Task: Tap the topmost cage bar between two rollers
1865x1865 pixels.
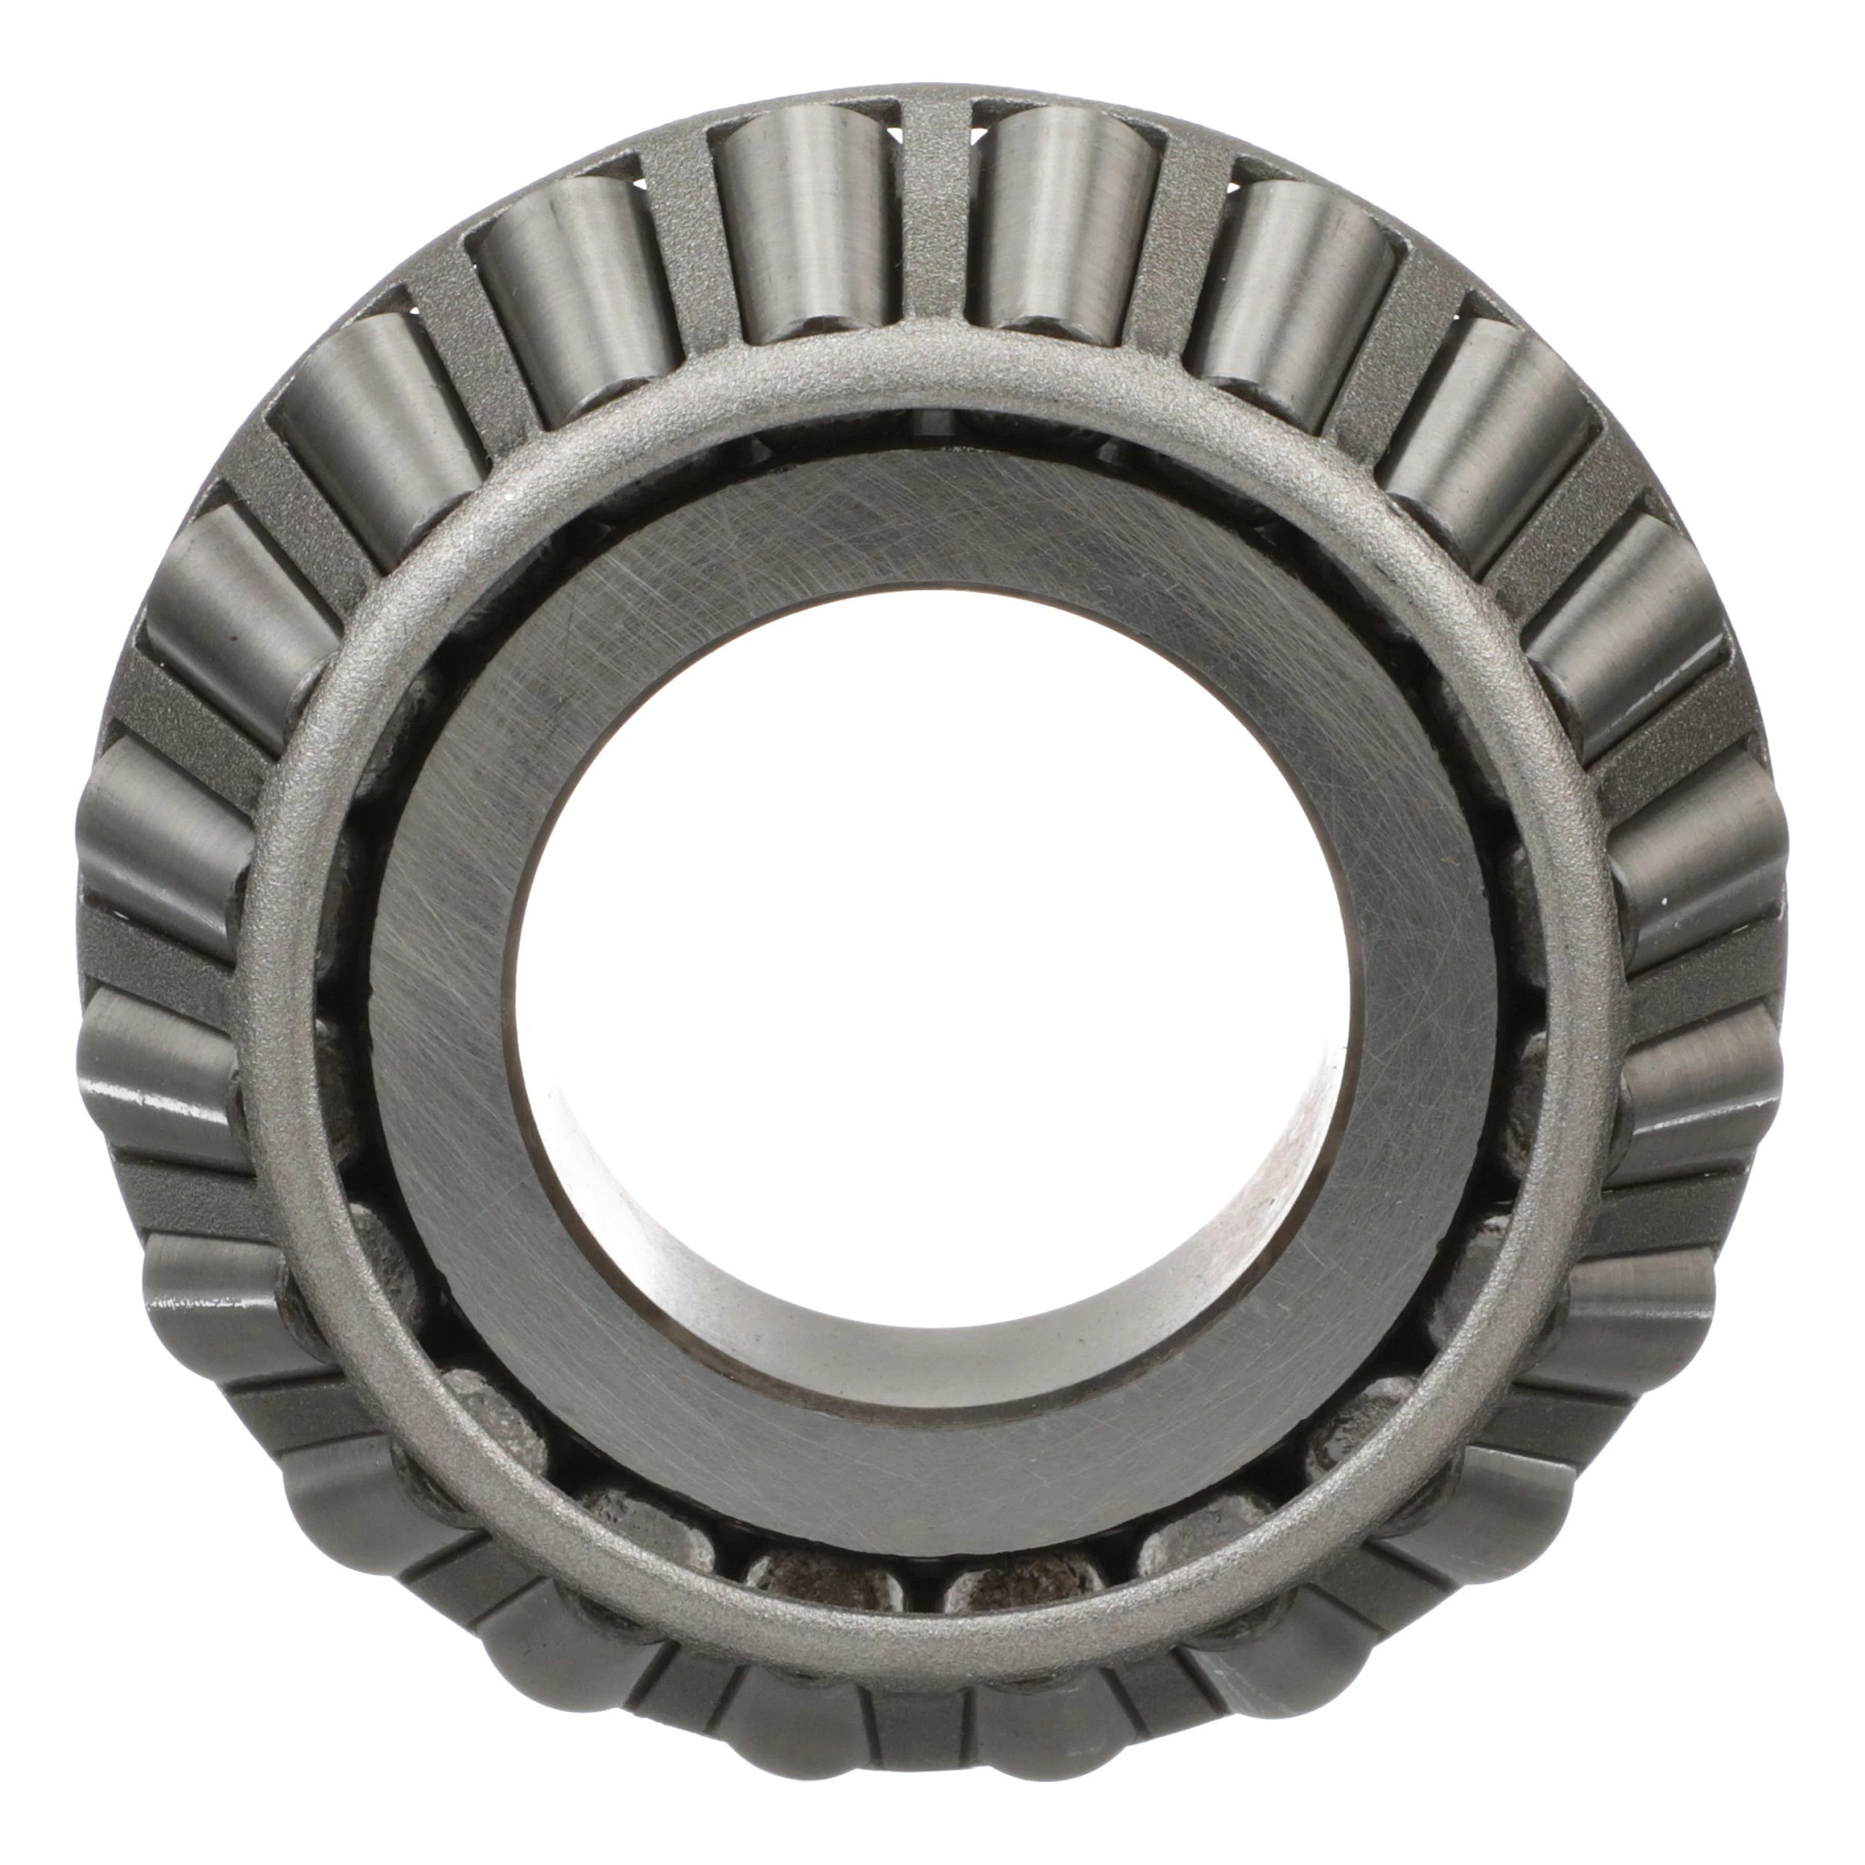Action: (x=934, y=212)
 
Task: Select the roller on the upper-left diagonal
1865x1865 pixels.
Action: (x=382, y=434)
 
